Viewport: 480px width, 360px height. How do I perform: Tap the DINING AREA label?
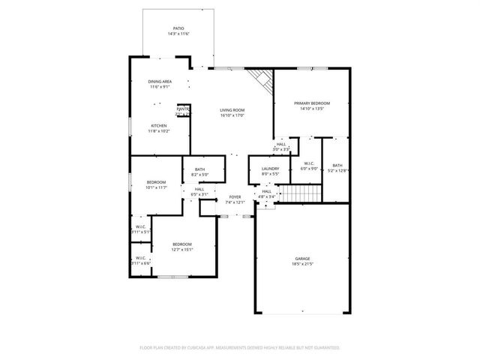pos(160,81)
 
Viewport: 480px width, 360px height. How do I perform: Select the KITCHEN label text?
pos(159,125)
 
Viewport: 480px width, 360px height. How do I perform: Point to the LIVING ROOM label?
pos(232,110)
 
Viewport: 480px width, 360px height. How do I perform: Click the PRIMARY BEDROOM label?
pos(311,103)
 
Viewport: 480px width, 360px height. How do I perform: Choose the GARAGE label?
pos(302,259)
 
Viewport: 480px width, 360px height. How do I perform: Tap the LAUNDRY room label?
pos(270,169)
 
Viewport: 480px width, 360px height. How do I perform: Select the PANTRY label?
pos(183,109)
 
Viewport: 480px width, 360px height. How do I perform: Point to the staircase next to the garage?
pos(300,194)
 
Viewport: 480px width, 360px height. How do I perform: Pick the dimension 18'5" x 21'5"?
pos(302,265)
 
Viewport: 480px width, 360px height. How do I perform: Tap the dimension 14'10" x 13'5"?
pos(311,109)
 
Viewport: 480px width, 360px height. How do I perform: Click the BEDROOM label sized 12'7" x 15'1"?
pos(182,244)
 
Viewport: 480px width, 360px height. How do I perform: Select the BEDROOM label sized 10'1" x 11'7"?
pos(156,182)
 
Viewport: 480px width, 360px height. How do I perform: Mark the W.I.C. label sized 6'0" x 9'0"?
pos(308,163)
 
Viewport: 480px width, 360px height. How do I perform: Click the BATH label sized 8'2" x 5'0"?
pos(199,170)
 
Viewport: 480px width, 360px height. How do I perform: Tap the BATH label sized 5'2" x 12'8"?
pos(337,165)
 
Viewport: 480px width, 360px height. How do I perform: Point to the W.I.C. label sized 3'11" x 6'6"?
pos(141,258)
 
